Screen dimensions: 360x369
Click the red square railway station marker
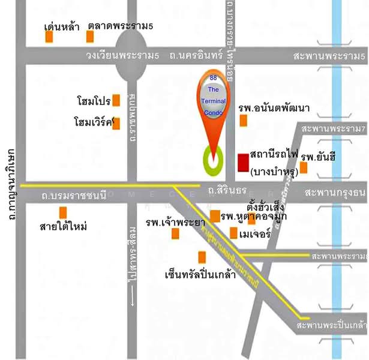click(x=243, y=162)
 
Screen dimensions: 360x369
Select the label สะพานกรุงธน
click(x=335, y=193)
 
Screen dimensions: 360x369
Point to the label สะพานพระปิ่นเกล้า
click(x=332, y=325)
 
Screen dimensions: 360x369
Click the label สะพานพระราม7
click(x=334, y=129)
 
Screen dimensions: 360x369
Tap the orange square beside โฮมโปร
click(x=116, y=100)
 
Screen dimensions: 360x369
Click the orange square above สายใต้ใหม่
click(x=63, y=212)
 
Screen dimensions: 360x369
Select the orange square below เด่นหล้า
click(x=49, y=37)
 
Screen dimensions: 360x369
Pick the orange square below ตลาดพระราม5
click(x=90, y=37)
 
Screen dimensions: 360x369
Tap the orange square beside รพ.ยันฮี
click(x=304, y=167)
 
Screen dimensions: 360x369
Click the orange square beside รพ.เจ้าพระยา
click(x=175, y=233)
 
